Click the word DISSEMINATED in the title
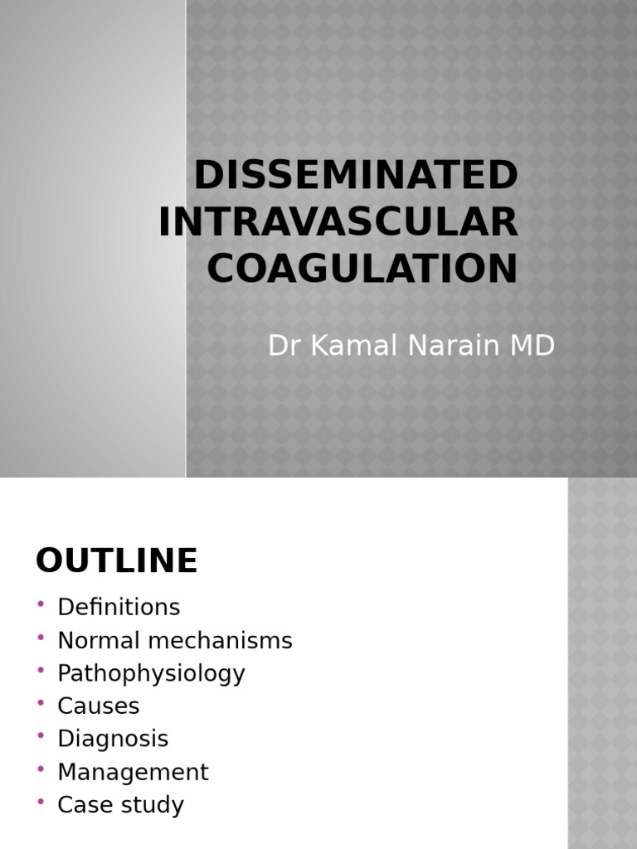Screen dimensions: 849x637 [356, 176]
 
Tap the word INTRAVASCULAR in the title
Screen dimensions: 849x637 [338, 222]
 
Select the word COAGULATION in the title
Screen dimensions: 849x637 [362, 269]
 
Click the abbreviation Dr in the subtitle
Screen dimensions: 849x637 [284, 346]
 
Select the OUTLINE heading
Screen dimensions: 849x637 [117, 561]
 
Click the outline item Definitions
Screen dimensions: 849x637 [119, 607]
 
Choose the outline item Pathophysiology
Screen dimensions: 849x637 [151, 673]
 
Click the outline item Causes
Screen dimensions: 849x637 [98, 706]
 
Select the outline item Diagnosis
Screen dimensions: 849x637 [113, 739]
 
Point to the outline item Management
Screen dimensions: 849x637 [133, 772]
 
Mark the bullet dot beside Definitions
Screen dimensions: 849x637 [41, 604]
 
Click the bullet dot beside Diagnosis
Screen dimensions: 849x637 [41, 735]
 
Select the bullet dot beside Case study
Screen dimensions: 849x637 [41, 802]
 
